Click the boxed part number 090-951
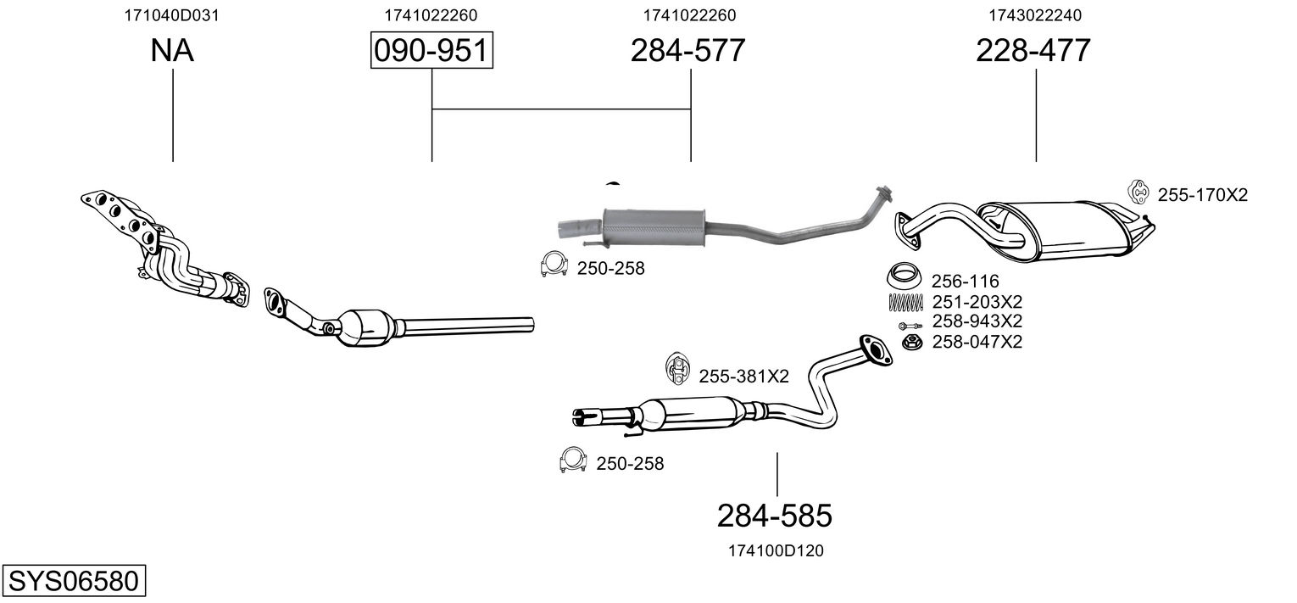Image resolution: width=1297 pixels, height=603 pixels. (431, 50)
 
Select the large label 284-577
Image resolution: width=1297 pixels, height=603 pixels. (687, 50)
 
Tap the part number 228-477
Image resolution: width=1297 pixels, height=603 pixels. (1033, 50)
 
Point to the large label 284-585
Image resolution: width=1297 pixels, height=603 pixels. (774, 516)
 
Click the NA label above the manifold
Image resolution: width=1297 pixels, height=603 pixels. (172, 50)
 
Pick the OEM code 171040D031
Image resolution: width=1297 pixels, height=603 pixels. (172, 15)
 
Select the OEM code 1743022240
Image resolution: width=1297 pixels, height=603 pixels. (1035, 15)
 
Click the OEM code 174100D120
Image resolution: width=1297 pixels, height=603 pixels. (776, 551)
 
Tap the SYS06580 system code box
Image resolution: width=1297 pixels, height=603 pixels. (74, 580)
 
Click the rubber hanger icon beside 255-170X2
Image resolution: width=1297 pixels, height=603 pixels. (1138, 193)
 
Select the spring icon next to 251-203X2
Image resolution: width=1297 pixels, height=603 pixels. (905, 303)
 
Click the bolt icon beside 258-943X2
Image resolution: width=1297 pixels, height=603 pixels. (910, 327)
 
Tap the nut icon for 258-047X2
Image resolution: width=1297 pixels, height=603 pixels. (912, 342)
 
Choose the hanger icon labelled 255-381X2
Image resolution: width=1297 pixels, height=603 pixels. (676, 368)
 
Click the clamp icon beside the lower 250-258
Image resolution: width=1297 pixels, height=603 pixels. (572, 460)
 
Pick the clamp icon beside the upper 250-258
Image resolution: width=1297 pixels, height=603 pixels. (553, 264)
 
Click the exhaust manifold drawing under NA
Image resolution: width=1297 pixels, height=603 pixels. (165, 246)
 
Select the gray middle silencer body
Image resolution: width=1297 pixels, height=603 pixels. (654, 227)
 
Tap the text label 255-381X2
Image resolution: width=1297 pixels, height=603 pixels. (743, 377)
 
